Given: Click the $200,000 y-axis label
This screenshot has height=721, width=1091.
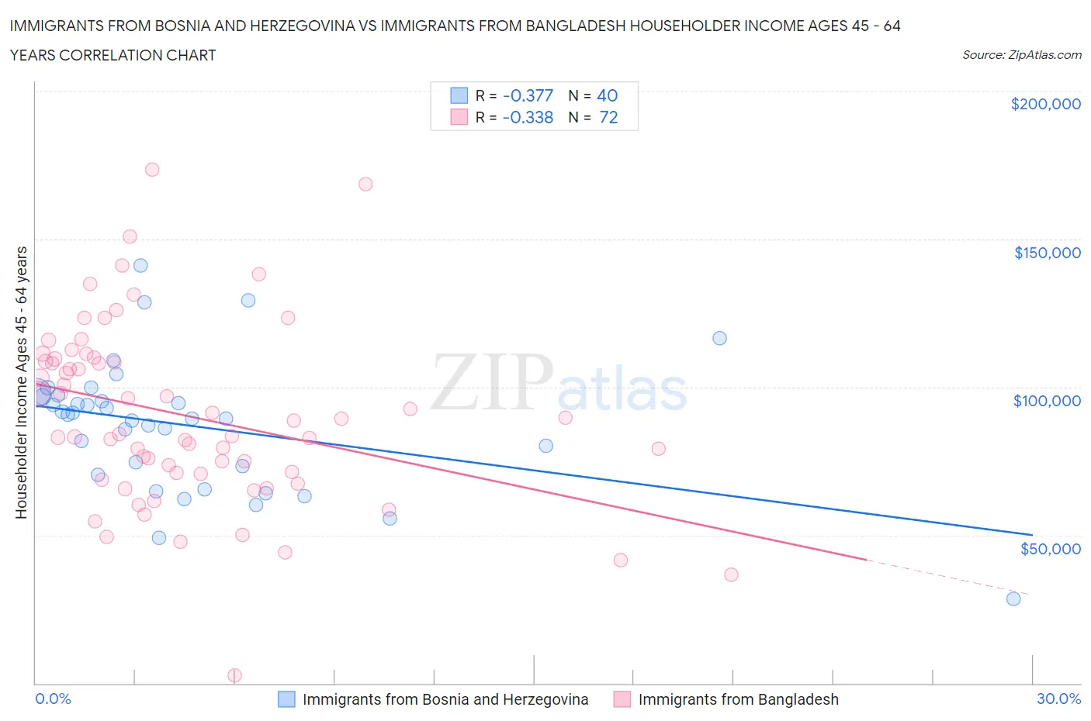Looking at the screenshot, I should tap(1045, 104).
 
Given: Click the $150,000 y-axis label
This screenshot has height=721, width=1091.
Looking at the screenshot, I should tap(1047, 252).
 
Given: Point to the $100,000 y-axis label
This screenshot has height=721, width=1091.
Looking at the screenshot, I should tap(1047, 400).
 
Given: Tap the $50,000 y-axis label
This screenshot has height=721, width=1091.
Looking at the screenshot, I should tap(1050, 548).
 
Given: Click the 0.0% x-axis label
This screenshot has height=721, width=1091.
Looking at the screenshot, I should tap(53, 699).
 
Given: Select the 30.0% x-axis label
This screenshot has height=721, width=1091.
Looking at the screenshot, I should tap(1058, 699).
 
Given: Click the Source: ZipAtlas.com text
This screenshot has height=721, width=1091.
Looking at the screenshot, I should tap(1021, 54).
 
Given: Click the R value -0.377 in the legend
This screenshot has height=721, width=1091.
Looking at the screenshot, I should tap(528, 95).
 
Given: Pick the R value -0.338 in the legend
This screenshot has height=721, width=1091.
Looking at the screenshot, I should tap(528, 117).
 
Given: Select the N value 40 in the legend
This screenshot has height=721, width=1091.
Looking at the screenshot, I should tap(607, 95).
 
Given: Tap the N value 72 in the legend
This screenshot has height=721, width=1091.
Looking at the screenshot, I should tap(608, 117).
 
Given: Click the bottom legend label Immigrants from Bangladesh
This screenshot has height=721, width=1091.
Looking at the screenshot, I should tap(738, 699).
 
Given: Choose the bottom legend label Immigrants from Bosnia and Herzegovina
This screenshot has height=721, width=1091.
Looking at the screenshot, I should tap(445, 699).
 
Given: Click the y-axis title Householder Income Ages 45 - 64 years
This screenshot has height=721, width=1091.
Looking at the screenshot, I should tap(21, 382).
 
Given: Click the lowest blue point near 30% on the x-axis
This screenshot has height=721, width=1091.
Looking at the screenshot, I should tap(1013, 599).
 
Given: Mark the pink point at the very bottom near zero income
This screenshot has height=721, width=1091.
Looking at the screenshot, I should tap(234, 675).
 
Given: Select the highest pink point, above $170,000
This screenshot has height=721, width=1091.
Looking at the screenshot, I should tap(152, 169).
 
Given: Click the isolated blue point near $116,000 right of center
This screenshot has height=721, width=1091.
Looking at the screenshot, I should tap(719, 338).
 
